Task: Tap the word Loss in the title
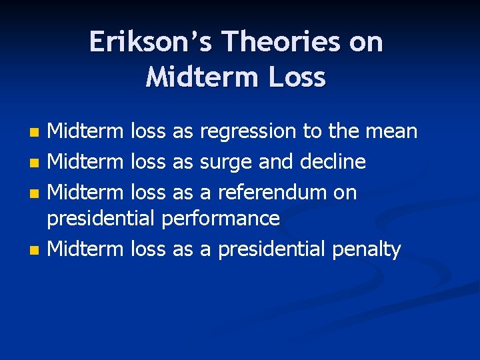click(x=298, y=77)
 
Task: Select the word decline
click(x=333, y=161)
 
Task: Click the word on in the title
click(x=367, y=42)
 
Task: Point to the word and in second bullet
click(x=273, y=161)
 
